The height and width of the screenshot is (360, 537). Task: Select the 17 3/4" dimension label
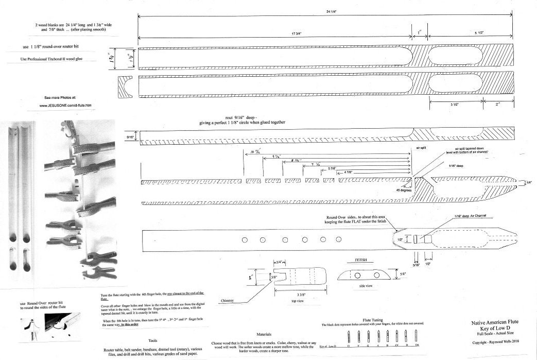[297, 33]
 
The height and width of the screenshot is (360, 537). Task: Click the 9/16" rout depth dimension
[131, 138]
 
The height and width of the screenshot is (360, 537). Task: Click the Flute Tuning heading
[374, 320]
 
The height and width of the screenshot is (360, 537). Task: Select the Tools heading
[153, 340]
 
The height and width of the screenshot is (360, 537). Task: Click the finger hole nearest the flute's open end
[245, 239]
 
